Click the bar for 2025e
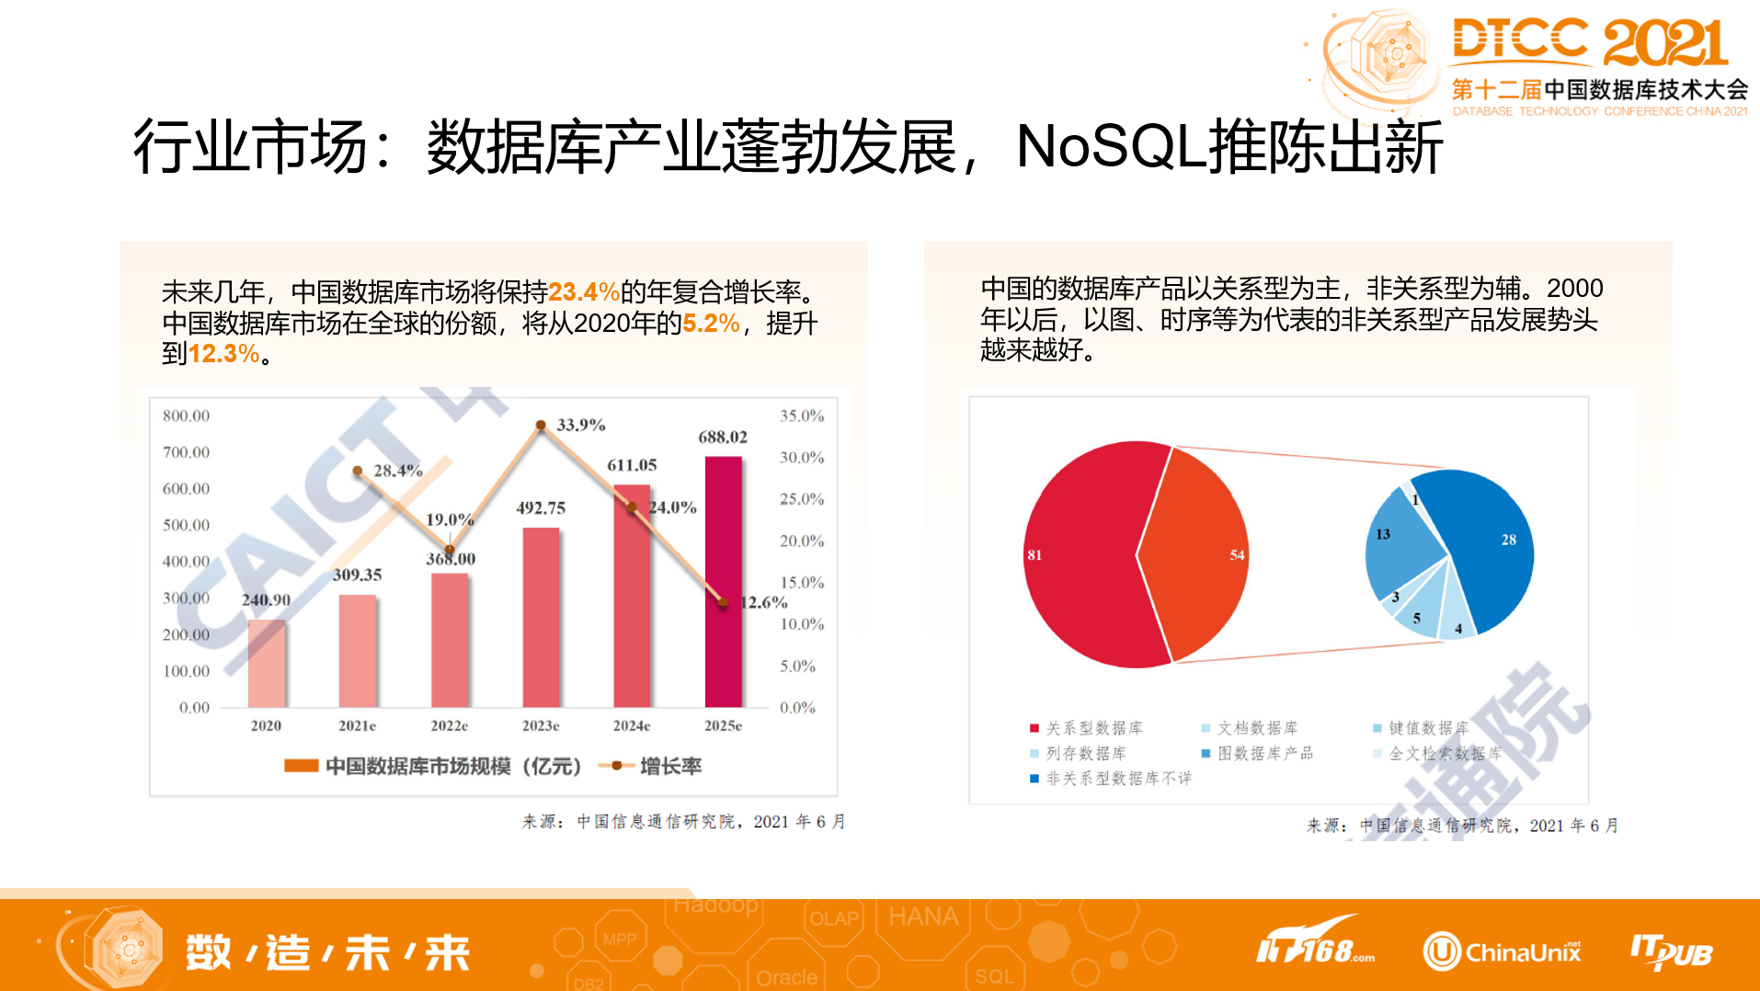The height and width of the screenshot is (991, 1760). click(x=723, y=588)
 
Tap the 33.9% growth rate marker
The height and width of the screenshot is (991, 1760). click(x=541, y=425)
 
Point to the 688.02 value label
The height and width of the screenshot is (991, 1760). click(x=722, y=438)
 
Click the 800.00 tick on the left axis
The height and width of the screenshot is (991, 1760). click(x=186, y=416)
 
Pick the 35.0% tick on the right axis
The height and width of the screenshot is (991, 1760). click(x=801, y=416)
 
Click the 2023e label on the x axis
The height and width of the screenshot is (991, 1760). click(x=541, y=725)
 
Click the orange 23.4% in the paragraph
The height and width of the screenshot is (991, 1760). click(x=583, y=292)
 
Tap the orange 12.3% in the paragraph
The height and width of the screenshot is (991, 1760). click(x=223, y=354)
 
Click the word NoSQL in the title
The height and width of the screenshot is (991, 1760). click(x=1110, y=147)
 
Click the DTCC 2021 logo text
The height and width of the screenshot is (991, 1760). click(x=1589, y=42)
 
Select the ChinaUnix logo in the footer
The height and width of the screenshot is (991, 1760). click(x=1503, y=951)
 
